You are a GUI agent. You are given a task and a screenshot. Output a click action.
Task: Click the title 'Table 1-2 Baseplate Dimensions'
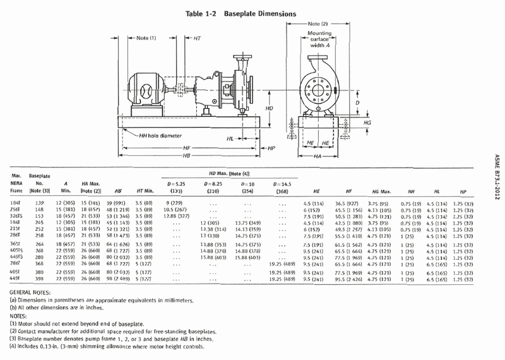tap(252, 13)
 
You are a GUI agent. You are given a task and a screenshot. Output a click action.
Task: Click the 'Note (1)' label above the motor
tap(148, 38)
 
